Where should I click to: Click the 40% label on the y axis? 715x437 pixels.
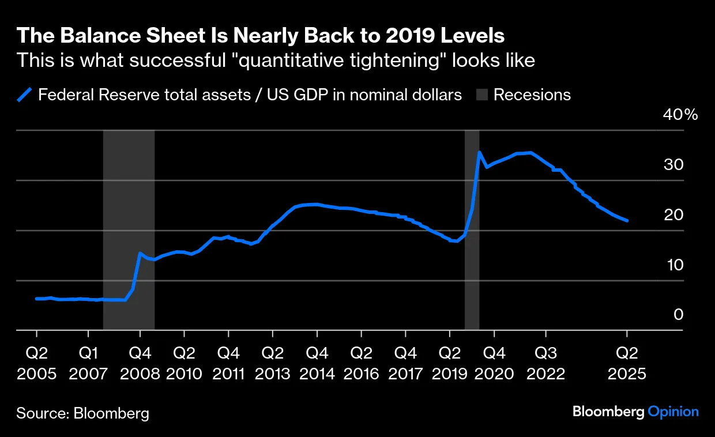tap(681, 115)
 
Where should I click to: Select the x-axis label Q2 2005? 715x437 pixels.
tap(37, 363)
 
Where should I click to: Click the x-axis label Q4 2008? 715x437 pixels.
tap(140, 363)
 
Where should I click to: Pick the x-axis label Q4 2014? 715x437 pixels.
tap(317, 363)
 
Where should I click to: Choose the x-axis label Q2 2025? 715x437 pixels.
tap(627, 363)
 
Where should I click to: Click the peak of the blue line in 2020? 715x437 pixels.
tap(479, 152)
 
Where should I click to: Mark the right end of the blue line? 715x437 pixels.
tap(627, 220)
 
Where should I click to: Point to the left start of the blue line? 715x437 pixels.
tap(36, 299)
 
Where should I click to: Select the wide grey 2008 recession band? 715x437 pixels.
tap(129, 231)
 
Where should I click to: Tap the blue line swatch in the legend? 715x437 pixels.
tap(24, 95)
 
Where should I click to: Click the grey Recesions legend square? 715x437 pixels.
tap(482, 95)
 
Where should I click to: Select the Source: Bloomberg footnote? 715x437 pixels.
tap(83, 413)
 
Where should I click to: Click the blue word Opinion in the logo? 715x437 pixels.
tap(673, 412)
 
